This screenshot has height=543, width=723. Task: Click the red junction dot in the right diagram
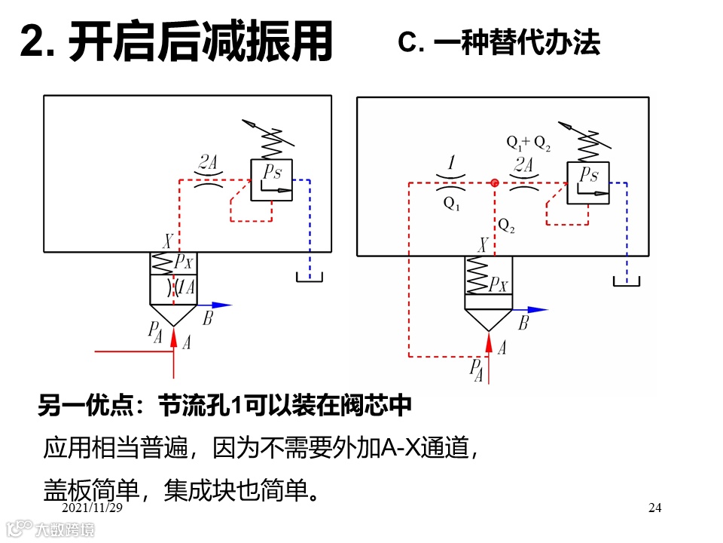click(x=495, y=183)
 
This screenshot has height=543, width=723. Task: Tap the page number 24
click(x=654, y=508)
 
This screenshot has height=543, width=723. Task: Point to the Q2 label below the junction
click(x=506, y=225)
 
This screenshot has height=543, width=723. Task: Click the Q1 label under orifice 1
click(x=451, y=204)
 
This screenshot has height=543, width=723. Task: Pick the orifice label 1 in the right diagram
click(x=451, y=163)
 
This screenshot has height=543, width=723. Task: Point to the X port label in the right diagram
click(x=484, y=245)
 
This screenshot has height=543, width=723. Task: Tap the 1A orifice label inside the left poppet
click(x=185, y=287)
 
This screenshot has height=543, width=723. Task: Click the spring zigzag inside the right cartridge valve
click(x=477, y=275)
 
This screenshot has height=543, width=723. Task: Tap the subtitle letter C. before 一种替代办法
click(x=413, y=43)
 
